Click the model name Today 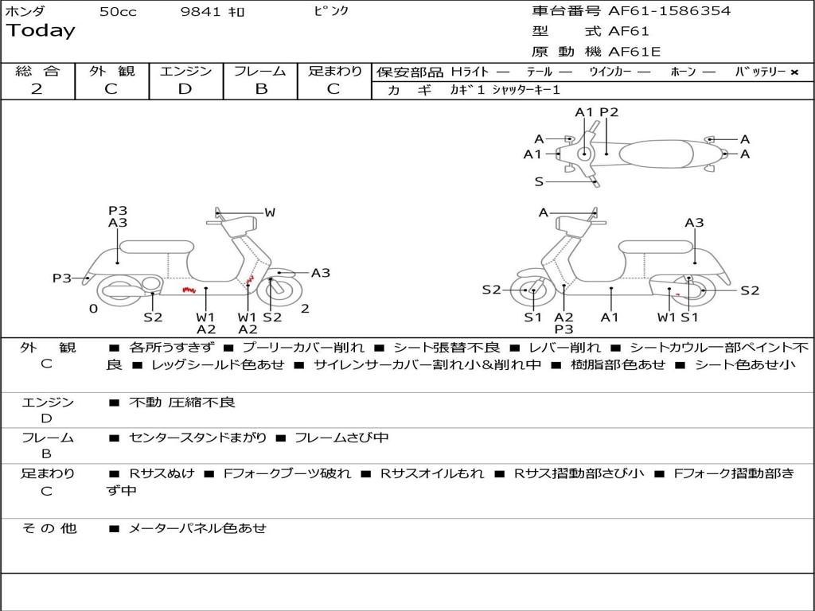click(x=41, y=31)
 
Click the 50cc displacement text click(x=118, y=12)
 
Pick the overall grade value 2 click(x=37, y=89)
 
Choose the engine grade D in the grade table click(x=185, y=89)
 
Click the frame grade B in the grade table click(x=260, y=89)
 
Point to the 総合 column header click(x=37, y=71)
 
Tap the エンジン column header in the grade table click(x=185, y=71)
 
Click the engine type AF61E click(x=634, y=53)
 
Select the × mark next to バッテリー click(x=794, y=72)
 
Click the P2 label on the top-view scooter click(x=609, y=112)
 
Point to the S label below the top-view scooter click(x=539, y=181)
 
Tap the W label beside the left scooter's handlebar click(x=270, y=212)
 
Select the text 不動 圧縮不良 click(x=182, y=403)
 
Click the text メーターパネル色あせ click(x=197, y=527)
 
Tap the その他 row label click(x=49, y=527)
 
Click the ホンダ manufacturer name click(x=25, y=11)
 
